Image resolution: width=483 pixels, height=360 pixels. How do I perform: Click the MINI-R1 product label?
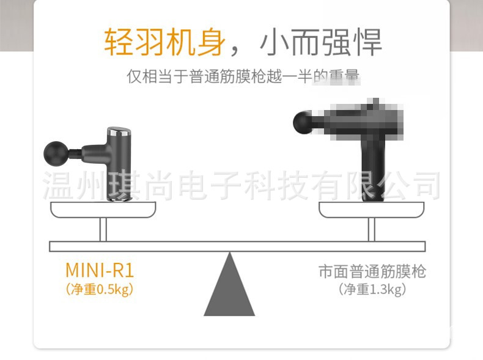pos(99,270)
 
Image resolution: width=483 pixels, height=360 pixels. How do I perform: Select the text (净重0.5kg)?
pos(99,289)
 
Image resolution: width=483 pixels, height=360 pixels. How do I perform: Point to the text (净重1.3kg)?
pos(372,289)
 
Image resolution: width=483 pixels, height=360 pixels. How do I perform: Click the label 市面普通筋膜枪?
pos(372,271)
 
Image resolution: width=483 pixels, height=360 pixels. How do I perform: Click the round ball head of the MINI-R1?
pos(56,150)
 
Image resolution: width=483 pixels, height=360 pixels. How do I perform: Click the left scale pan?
pos(103,211)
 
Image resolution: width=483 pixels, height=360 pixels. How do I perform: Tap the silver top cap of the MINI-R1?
pos(117,132)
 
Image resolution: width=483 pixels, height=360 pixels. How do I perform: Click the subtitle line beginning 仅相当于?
pos(243,77)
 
